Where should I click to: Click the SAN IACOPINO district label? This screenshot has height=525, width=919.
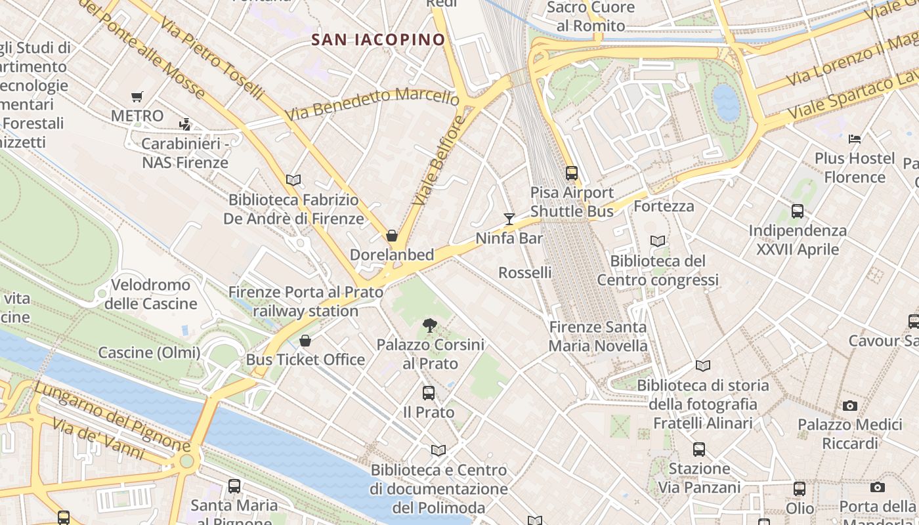pos(378,39)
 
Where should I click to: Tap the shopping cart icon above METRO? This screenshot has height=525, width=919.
pos(137,97)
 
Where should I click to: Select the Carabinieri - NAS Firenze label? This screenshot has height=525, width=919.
pos(185,153)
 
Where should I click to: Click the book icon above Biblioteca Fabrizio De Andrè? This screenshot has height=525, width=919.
pos(293,180)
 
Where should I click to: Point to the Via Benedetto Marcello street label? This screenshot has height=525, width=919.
pos(373,104)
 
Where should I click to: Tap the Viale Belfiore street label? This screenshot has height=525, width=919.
pos(440,159)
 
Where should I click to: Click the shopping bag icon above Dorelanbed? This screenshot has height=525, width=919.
pos(392,236)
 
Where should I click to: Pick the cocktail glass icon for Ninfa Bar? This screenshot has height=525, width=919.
pos(509,219)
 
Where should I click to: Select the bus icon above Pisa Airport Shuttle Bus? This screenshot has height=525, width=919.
pos(572,173)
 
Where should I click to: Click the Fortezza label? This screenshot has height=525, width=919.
pos(664,206)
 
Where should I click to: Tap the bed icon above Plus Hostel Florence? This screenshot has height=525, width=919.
pos(855,138)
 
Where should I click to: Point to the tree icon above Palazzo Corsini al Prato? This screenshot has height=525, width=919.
pos(430,325)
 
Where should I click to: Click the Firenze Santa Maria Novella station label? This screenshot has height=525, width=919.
pos(598,336)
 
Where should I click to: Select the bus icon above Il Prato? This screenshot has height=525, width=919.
pos(429,393)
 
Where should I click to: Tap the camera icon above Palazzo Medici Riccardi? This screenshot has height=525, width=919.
pos(850,406)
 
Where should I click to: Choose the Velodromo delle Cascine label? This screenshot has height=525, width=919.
pos(151,294)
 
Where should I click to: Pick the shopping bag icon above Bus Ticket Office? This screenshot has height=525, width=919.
pos(305,341)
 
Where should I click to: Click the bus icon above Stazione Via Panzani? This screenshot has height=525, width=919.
pos(699,450)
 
